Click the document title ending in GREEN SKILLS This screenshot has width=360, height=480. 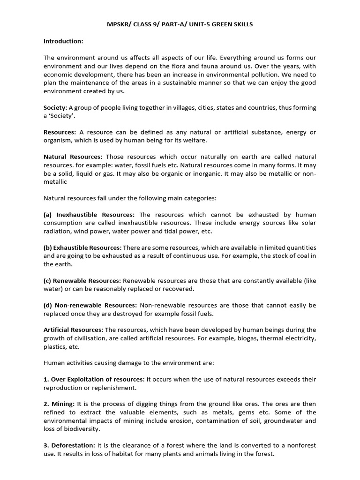180,24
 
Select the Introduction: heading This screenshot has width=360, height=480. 63,41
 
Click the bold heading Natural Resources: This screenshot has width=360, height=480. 73,157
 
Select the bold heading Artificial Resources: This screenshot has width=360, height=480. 74,330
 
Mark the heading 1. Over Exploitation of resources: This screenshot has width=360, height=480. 94,379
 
